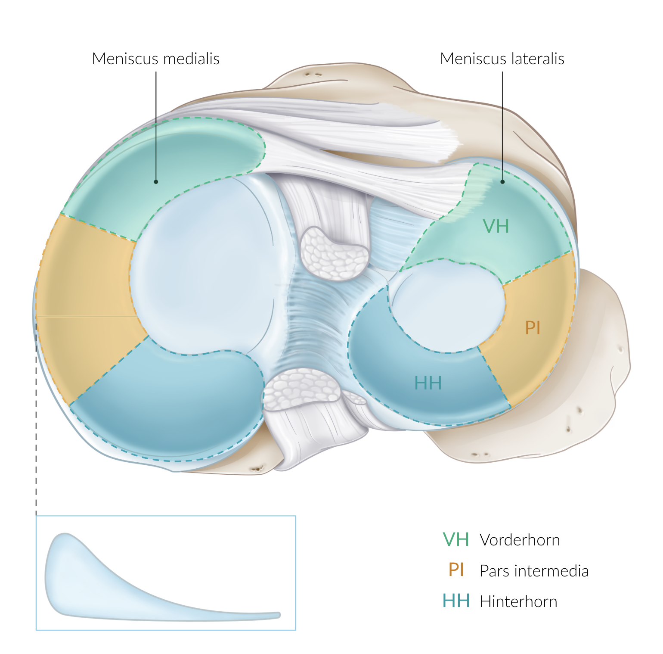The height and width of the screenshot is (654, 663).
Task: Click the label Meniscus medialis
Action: tap(156, 59)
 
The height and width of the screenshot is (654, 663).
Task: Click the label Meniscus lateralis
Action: tap(502, 59)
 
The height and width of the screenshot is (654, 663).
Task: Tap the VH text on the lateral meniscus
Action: tap(496, 226)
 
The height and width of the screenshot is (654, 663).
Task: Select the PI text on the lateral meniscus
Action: tap(533, 328)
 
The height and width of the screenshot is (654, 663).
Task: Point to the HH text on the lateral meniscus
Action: tap(428, 383)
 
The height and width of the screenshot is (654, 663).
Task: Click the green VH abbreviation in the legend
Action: tap(456, 539)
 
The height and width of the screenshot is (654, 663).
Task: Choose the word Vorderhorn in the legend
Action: tap(520, 540)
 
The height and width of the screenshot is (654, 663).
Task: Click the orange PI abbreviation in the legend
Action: tap(456, 570)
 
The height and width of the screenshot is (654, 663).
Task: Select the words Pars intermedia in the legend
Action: tap(534, 571)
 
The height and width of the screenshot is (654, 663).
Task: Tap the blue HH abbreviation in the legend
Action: tap(456, 601)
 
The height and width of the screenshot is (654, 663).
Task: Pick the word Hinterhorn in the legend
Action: tap(519, 601)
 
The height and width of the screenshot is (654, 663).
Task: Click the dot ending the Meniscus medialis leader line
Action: tap(156, 182)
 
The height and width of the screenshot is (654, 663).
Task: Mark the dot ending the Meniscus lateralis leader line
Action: tap(502, 182)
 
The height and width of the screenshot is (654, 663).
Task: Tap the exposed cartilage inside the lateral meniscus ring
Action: tap(448, 306)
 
